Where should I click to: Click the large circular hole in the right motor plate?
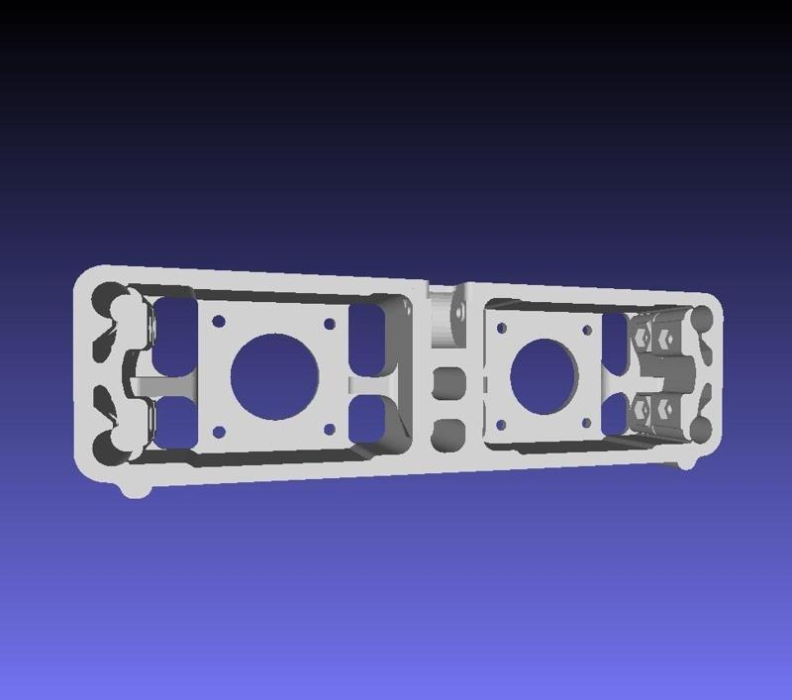pos(544,376)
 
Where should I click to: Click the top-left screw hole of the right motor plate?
pos(501,327)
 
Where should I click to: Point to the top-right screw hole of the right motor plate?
pos(587,330)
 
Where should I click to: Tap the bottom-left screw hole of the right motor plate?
pos(501,425)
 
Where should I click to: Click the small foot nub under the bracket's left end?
pos(135,489)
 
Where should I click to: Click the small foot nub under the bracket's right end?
pos(685,464)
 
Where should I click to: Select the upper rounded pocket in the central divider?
pos(450,382)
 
